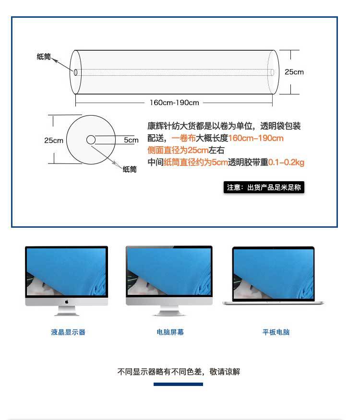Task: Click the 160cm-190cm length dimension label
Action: click(174, 103)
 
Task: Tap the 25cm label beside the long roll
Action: click(294, 72)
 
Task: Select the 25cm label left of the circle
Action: click(54, 140)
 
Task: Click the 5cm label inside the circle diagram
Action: click(131, 140)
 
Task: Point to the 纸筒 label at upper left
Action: click(44, 57)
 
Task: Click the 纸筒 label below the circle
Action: click(130, 169)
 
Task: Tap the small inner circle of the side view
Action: click(91, 140)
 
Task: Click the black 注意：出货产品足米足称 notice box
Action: click(264, 187)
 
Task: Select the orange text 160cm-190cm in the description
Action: click(256, 139)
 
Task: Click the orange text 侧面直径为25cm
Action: click(178, 151)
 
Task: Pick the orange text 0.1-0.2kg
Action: click(286, 163)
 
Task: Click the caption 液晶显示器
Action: click(68, 332)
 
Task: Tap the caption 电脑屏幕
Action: click(170, 332)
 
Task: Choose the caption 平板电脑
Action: click(276, 332)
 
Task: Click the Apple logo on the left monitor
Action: click(67, 302)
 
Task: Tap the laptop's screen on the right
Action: click(273, 274)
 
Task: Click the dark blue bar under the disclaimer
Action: click(178, 384)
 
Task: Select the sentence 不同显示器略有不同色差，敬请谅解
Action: click(179, 372)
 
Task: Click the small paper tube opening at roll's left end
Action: click(76, 72)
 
